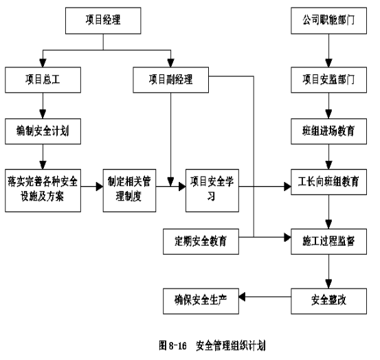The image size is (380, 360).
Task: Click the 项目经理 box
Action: tap(103, 21)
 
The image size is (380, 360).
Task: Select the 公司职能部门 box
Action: tap(328, 21)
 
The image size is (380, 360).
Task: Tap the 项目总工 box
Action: tap(43, 80)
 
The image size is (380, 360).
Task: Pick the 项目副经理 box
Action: tap(170, 80)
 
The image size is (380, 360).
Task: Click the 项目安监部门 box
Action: tap(328, 80)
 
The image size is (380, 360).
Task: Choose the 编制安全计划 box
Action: tap(43, 131)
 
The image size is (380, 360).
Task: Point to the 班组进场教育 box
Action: tap(328, 131)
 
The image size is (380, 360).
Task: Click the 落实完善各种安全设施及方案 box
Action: tap(43, 190)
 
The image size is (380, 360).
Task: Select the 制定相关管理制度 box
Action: tap(129, 190)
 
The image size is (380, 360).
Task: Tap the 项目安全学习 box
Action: tap(212, 190)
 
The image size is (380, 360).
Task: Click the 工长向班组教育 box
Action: tap(328, 182)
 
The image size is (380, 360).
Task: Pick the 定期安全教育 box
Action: tap(201, 242)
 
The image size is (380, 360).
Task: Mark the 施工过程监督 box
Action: tap(328, 242)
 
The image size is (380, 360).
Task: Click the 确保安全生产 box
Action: tap(201, 301)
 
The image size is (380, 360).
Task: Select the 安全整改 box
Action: tap(328, 301)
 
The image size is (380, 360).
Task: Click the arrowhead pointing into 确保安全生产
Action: tap(242, 297)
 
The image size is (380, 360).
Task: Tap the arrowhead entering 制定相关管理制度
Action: tap(100, 187)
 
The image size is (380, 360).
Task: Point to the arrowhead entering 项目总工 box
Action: tap(43, 63)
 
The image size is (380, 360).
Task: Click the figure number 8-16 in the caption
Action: tap(178, 345)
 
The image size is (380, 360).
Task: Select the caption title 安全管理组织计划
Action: tap(231, 345)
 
